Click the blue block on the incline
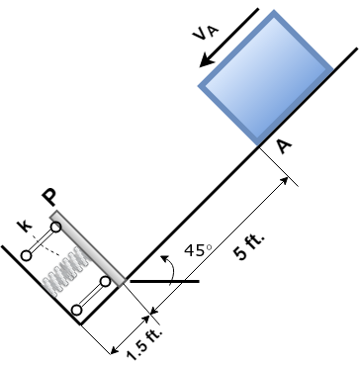[266, 78]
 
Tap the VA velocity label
[206, 33]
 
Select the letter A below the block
[284, 146]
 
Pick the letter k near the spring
[25, 227]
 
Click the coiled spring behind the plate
[67, 271]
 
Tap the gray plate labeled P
[88, 248]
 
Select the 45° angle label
[198, 250]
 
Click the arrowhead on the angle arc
[164, 258]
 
